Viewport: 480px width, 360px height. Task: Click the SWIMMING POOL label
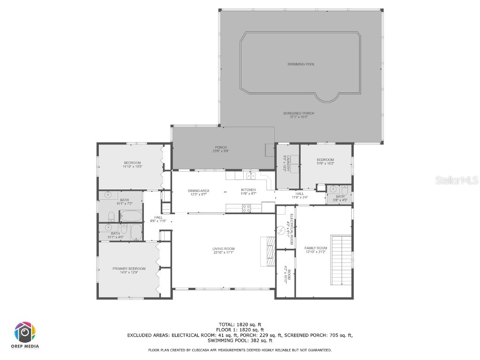point(301,64)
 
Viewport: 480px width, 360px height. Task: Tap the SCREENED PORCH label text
point(299,113)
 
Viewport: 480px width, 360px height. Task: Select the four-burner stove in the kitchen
point(245,207)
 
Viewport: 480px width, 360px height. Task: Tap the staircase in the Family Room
point(341,260)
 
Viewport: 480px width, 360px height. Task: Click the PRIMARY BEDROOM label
point(129,269)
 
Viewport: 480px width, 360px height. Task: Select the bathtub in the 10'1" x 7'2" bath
point(131,216)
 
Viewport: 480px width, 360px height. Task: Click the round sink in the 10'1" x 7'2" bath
point(108,195)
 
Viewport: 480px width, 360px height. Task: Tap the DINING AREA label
point(198,191)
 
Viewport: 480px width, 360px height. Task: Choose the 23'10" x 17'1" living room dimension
point(223,253)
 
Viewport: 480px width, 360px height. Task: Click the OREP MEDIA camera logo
point(25,332)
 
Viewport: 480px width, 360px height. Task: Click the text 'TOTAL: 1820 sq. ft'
point(240,324)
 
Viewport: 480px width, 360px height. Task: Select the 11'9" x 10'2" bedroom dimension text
point(325,164)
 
